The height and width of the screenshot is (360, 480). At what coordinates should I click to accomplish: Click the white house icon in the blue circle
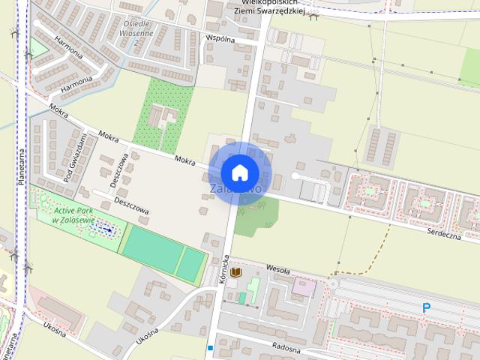coord(239,172)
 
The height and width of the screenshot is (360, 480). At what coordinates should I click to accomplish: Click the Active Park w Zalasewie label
coord(73,215)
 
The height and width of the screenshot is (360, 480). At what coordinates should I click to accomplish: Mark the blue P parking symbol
coord(427,307)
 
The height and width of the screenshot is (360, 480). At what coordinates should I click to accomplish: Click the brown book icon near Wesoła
coord(235,271)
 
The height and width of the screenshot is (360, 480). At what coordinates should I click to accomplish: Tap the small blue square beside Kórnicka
coord(211,348)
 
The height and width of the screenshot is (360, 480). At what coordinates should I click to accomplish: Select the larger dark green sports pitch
coord(151,250)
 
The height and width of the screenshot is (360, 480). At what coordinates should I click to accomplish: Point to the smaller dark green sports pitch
coord(192,264)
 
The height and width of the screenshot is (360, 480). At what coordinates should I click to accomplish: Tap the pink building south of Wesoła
coord(304,286)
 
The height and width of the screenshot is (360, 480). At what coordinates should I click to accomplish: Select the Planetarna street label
coord(22,165)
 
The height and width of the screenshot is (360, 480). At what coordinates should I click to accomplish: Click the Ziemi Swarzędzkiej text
coord(269,11)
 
